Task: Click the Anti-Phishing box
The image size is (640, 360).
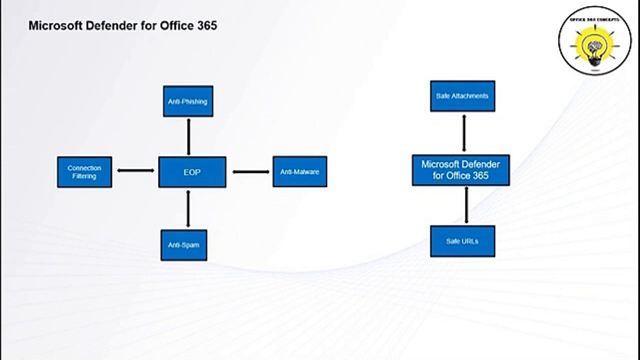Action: point(188,101)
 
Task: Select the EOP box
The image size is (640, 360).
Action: point(192,172)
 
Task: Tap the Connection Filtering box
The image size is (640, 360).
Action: point(84,172)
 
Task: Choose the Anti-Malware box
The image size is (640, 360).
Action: point(300,171)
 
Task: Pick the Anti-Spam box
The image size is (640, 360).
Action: point(183,245)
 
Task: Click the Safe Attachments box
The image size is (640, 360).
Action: point(462,96)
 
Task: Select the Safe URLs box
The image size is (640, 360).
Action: point(462,241)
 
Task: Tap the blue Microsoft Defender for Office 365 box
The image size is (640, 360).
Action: point(461,170)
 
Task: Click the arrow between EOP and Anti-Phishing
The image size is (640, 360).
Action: point(188,137)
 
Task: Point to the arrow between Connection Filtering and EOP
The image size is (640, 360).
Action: point(135,170)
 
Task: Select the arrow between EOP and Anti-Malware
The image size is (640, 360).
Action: point(251,171)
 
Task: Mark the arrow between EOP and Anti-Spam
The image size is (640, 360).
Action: point(188,209)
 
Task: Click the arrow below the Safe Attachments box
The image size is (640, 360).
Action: point(464,133)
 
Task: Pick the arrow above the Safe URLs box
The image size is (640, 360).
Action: point(466,205)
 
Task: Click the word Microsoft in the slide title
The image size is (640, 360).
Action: point(55,25)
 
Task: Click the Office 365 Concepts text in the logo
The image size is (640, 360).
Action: point(595,19)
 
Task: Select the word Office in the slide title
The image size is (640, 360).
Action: point(177,25)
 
